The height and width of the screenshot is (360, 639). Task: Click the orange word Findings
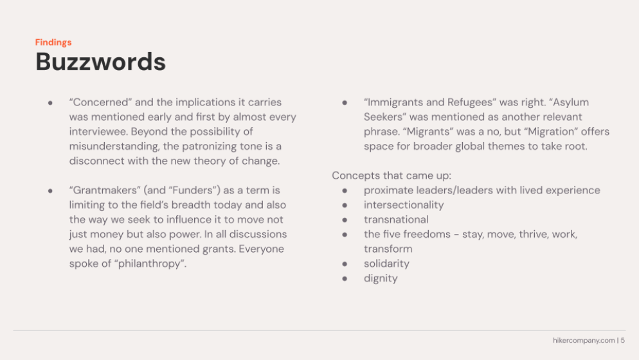53,42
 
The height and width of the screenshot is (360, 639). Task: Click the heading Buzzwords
101,62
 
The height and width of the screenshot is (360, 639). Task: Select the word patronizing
211,147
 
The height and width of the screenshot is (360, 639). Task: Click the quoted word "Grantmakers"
105,190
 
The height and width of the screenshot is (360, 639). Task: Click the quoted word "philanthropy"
150,264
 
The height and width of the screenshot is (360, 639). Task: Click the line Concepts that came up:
392,175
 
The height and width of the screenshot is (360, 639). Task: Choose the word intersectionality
404,205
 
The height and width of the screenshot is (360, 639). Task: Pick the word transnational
396,220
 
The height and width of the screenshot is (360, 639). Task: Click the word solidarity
386,264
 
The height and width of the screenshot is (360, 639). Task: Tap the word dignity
380,278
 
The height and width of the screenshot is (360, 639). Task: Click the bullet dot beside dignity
345,279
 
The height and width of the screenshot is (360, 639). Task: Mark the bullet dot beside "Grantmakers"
50,191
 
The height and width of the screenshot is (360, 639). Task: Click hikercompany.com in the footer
584,341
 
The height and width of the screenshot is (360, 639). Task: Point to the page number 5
623,340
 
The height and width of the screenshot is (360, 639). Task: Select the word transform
388,249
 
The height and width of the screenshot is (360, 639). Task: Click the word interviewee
98,132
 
